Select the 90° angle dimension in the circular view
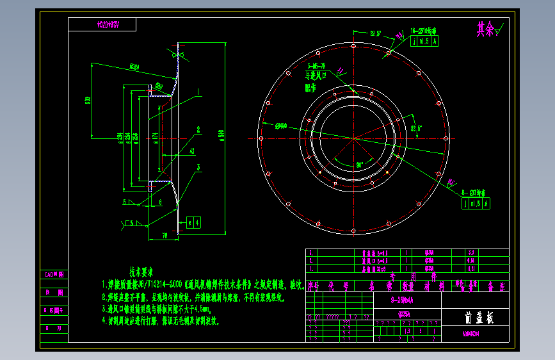tap(359, 165)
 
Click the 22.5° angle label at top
tap(375, 33)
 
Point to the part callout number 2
tap(199, 129)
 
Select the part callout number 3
tap(199, 167)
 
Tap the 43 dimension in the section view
tap(191, 151)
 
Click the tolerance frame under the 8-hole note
tap(476, 204)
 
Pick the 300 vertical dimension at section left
tap(88, 100)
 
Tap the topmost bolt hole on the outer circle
tap(353, 45)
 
